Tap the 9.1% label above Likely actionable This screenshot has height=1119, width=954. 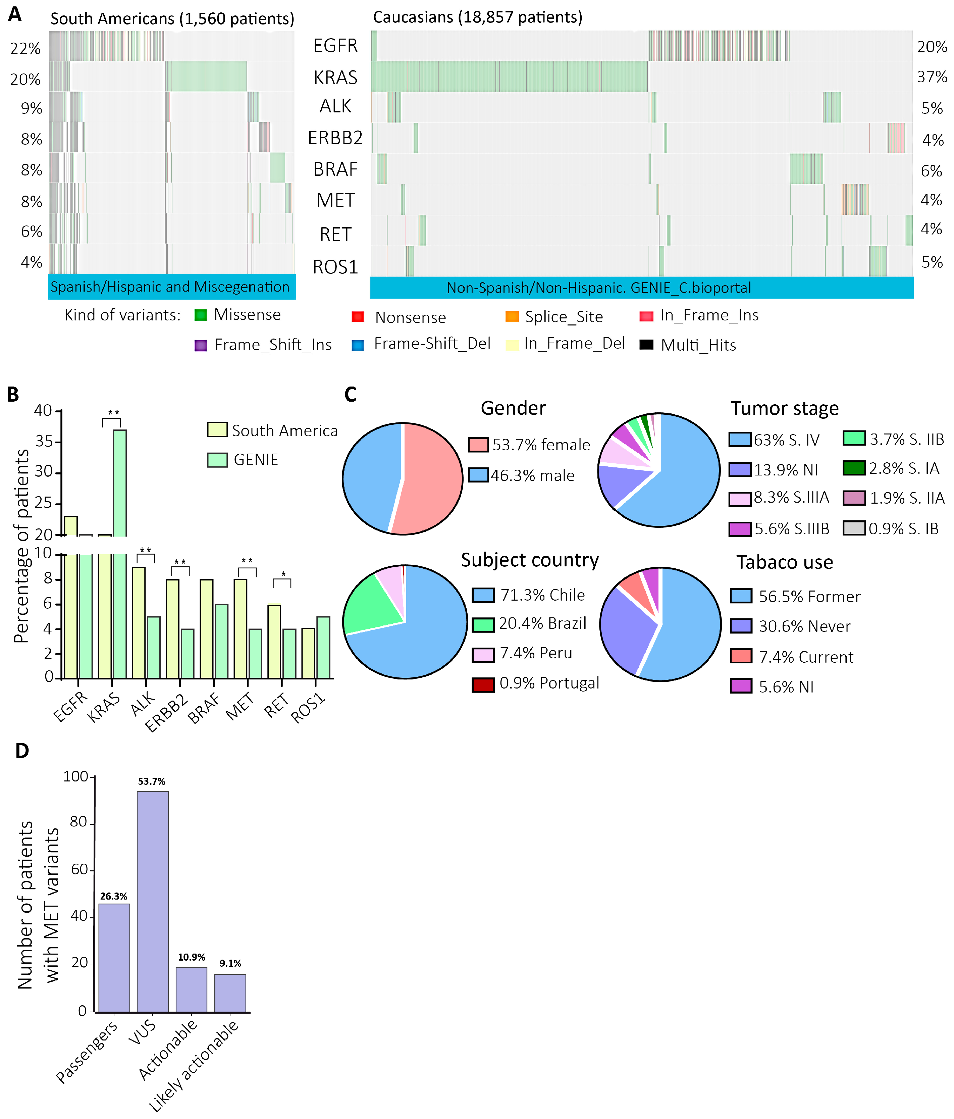tap(230, 963)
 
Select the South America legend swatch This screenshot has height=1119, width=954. tap(217, 429)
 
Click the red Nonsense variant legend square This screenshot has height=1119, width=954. tap(357, 316)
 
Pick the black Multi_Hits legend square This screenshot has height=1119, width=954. tap(646, 345)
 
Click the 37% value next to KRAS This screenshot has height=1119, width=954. tap(932, 77)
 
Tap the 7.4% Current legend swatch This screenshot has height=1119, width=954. tap(741, 656)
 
